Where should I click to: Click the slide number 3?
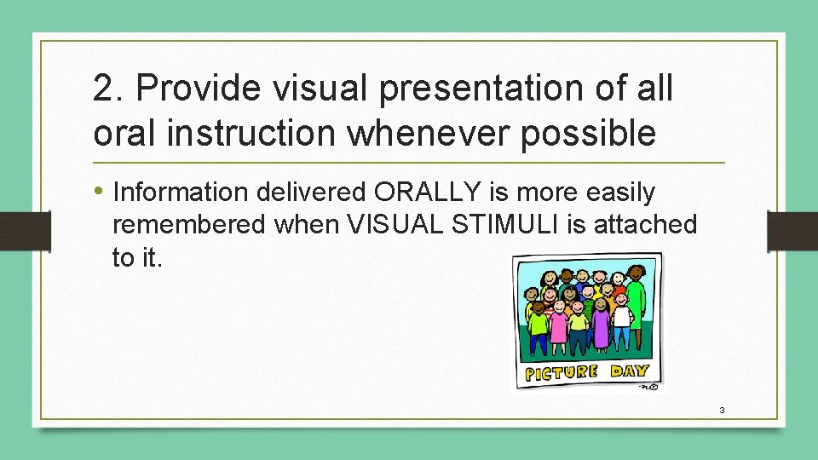722,410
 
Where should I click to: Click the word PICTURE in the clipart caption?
562,372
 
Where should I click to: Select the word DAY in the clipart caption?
629,371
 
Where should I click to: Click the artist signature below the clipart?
648,386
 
